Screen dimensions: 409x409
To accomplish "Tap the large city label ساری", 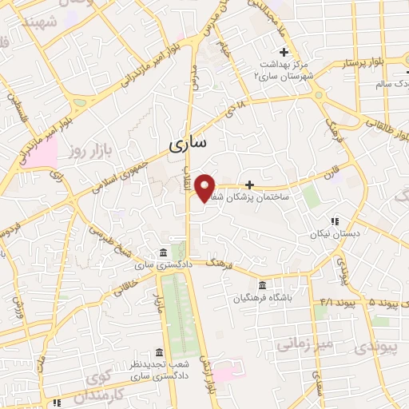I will coord(189,144).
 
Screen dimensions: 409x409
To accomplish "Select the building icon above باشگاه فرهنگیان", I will coord(262,285).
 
